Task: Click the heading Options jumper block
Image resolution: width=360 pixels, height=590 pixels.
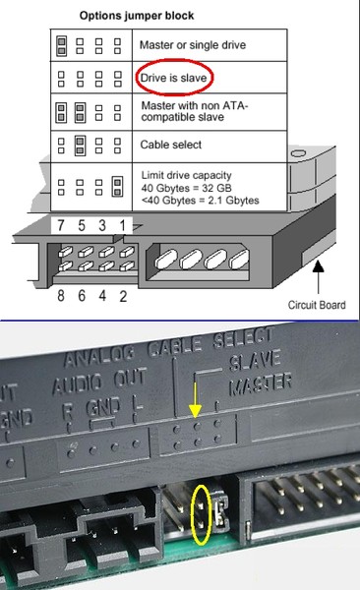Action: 137,16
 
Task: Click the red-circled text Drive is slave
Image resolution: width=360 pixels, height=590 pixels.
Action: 173,78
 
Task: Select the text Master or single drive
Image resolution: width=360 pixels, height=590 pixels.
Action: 193,45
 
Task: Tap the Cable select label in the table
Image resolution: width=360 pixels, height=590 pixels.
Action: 170,145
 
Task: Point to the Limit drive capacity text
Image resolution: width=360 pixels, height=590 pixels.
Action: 187,175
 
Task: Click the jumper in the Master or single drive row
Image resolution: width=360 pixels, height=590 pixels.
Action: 61,45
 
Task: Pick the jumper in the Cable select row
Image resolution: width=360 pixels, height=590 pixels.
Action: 80,146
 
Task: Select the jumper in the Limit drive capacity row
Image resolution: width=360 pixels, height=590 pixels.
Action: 117,187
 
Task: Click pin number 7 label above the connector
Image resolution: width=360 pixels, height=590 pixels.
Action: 61,225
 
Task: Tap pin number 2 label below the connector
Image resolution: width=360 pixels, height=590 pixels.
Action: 123,296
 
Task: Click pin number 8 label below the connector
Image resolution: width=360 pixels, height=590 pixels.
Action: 61,296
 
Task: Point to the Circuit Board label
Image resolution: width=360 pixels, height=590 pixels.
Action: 317,305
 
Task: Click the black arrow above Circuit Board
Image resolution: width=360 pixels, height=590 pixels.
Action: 319,277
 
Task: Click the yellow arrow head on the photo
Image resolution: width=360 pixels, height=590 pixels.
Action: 195,411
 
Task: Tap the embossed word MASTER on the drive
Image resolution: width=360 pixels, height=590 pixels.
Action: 261,384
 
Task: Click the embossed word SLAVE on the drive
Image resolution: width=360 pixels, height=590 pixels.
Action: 255,362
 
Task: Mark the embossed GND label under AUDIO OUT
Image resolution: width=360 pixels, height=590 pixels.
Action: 103,407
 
